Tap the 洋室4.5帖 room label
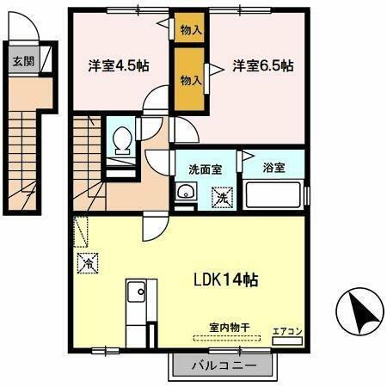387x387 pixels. tap(117, 66)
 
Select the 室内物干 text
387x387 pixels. tap(229, 326)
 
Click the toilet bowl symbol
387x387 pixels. tap(121, 138)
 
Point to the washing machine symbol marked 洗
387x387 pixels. tap(222, 197)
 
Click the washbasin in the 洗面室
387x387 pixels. tap(184, 193)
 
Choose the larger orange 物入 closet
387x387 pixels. tap(191, 79)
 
